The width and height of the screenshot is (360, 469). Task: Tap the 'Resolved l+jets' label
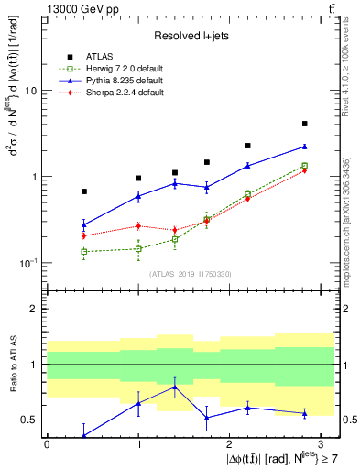pyautogui.click(x=190, y=35)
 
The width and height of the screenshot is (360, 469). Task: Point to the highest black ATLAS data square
pyautogui.click(x=304, y=124)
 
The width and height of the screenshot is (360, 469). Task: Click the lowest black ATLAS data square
pyautogui.click(x=84, y=191)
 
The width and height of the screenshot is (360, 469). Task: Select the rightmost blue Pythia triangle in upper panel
pyautogui.click(x=304, y=147)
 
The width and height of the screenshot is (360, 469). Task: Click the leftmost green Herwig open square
pyautogui.click(x=84, y=251)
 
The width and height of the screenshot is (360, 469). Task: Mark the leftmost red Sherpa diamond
pyautogui.click(x=84, y=235)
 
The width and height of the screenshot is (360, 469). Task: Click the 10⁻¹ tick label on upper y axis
pyautogui.click(x=27, y=263)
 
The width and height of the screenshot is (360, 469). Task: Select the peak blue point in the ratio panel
pyautogui.click(x=174, y=387)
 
